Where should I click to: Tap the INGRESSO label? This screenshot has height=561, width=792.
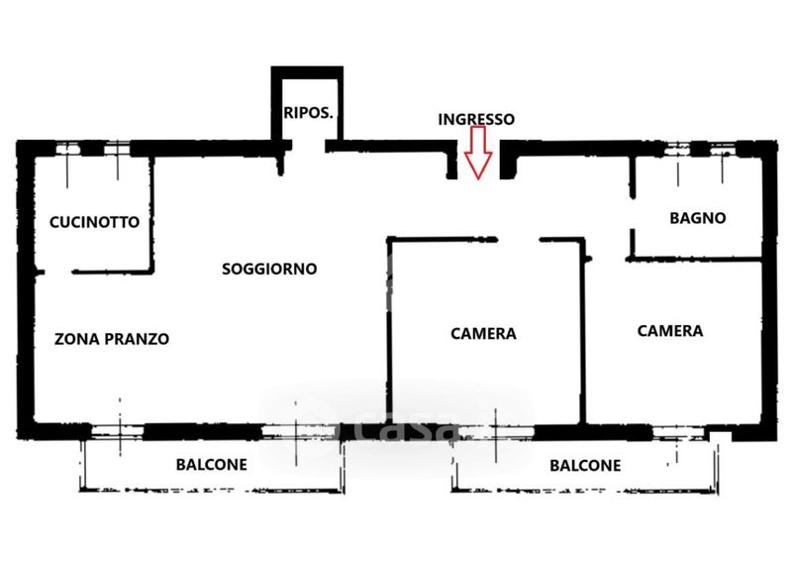coord(476,119)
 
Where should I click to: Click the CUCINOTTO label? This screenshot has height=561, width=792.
coord(95,223)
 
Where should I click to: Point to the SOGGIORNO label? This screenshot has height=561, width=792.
coord(269,269)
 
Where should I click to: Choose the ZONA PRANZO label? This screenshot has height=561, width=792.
coord(112,339)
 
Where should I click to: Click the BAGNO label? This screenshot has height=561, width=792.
coord(698,218)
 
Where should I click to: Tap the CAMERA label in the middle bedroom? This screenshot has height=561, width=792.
coord(483,334)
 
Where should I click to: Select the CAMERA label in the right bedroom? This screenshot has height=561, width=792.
coord(670,331)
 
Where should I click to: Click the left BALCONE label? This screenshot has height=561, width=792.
coord(212,464)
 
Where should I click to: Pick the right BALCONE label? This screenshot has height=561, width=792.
coord(585,465)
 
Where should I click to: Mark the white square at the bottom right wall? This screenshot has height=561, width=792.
coord(721,436)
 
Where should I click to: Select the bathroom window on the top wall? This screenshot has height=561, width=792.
coord(701,150)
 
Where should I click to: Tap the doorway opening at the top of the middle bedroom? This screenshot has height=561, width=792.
coord(518,239)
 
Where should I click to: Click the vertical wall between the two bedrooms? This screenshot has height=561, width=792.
coord(582,337)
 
